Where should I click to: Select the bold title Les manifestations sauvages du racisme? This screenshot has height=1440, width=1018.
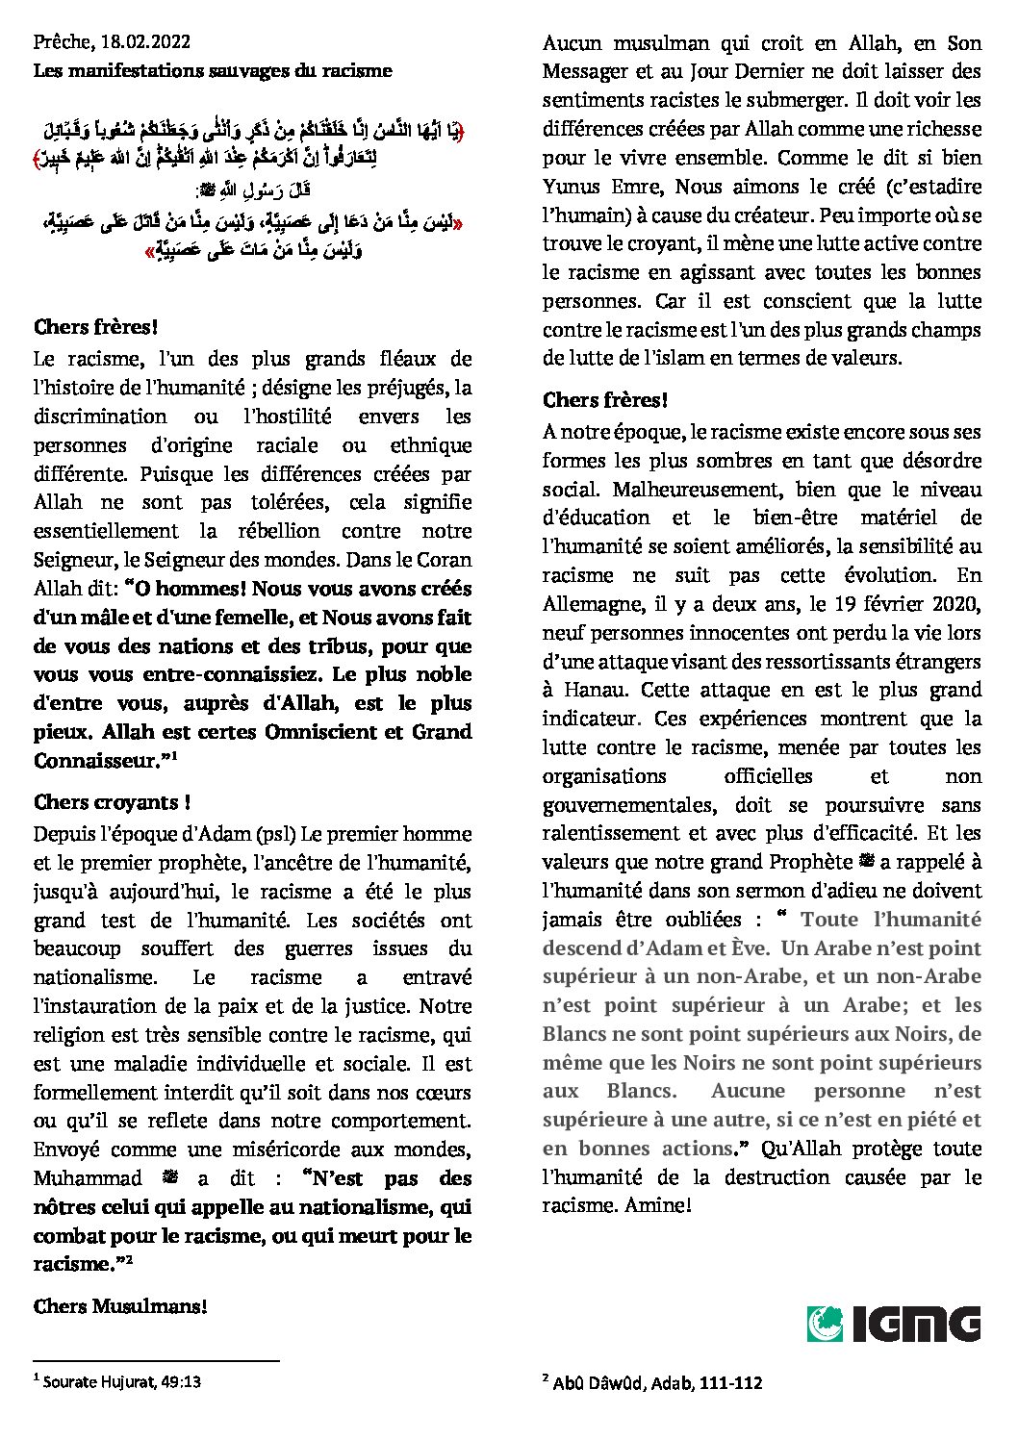point(213,70)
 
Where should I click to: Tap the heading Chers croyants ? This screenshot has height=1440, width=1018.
point(112,802)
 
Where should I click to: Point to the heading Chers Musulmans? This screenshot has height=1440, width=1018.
point(120,1305)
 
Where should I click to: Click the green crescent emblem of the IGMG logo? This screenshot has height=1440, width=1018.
point(825,1324)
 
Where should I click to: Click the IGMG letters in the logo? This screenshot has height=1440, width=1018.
point(915,1324)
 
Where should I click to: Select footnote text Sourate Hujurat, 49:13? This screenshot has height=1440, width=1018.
point(122,1382)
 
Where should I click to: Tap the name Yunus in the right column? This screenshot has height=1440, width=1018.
point(572,186)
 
